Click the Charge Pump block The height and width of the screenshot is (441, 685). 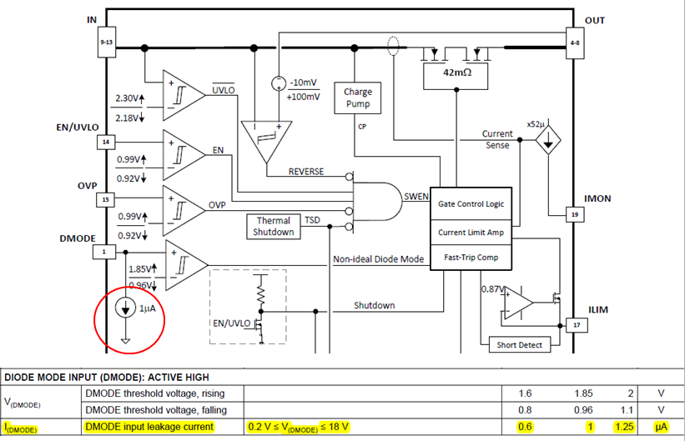tap(357, 98)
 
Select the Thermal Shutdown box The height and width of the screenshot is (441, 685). tap(274, 226)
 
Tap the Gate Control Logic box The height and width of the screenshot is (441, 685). tap(471, 204)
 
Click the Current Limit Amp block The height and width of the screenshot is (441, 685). tap(471, 233)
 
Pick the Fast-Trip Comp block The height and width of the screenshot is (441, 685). tap(471, 258)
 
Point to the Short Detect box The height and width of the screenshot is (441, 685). tap(519, 345)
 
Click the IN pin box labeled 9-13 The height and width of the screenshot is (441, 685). tap(106, 43)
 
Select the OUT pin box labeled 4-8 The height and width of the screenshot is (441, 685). tap(575, 43)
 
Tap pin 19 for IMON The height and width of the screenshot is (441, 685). tap(575, 214)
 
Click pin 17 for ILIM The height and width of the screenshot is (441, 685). tap(577, 325)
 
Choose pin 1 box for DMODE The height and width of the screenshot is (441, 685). tap(104, 252)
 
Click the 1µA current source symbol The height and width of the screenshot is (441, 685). tap(125, 308)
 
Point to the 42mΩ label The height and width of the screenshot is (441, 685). tap(457, 73)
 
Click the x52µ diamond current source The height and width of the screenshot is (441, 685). tap(548, 140)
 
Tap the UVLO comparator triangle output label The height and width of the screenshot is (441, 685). tap(224, 89)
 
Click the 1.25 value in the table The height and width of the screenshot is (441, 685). tap(623, 427)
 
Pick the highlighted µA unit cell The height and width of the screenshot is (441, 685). tap(661, 427)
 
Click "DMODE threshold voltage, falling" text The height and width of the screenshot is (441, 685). tap(156, 410)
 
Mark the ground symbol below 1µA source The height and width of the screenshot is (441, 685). tap(125, 341)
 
